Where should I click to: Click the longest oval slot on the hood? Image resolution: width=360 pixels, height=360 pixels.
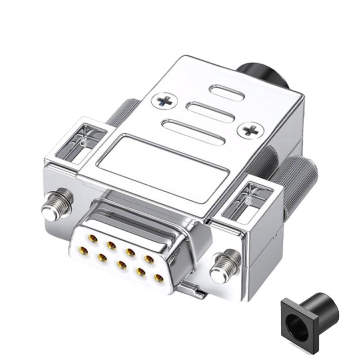coord(193,131)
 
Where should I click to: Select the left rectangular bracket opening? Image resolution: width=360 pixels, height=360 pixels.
coord(86,142)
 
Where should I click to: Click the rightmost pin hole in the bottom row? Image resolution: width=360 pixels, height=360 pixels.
coord(158,278)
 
